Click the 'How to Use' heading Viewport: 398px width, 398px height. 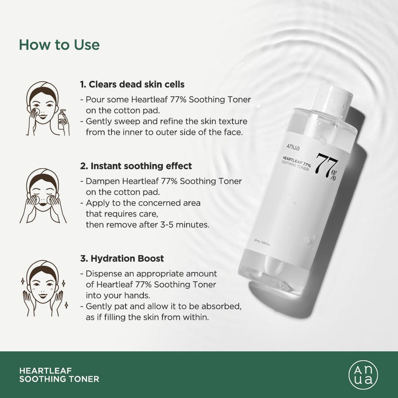point(59,45)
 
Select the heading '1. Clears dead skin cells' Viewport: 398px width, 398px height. point(132,84)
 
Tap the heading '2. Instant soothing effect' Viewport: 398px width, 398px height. point(136,166)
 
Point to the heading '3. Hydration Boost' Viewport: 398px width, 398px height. point(122,258)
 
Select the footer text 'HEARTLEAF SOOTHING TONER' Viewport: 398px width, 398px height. point(59,374)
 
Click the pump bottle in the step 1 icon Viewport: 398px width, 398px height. point(63,119)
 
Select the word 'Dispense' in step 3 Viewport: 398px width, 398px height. point(101,274)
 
